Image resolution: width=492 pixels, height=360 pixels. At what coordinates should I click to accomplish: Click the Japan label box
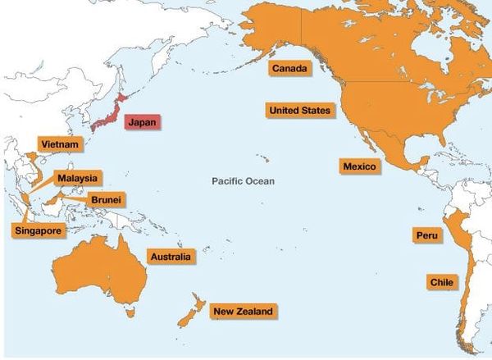point(142,122)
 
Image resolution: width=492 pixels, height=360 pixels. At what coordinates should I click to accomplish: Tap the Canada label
point(289,69)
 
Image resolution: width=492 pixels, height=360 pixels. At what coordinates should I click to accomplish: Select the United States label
point(299,110)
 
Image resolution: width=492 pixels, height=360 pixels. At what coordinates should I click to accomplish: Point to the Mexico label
point(358,166)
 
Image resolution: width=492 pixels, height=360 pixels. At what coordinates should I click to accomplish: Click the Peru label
point(427,235)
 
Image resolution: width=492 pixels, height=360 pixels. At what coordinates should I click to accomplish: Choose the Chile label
point(440,282)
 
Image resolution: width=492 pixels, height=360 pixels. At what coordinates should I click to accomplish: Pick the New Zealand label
point(242,312)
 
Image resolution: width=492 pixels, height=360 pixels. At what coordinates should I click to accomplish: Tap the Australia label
point(171,257)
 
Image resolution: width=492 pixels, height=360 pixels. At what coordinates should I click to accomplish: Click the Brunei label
point(106,198)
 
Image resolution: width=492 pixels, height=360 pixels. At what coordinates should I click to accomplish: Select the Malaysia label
point(78,178)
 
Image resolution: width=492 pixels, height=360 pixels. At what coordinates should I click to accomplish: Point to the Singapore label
point(38,231)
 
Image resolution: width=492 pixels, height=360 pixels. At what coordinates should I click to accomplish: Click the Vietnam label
point(61,145)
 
